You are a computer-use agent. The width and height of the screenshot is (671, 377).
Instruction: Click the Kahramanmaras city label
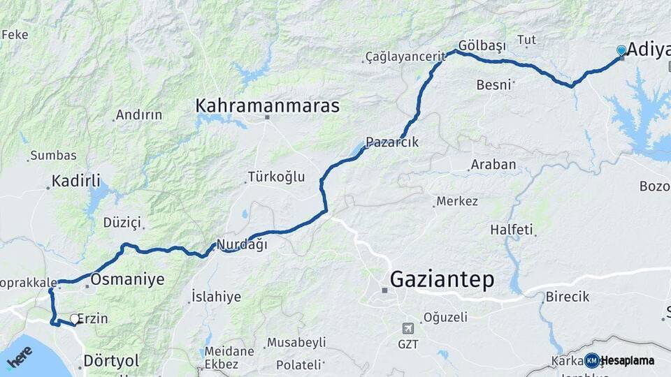[x=267, y=106]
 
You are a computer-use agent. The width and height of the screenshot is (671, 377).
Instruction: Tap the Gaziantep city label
[x=442, y=279]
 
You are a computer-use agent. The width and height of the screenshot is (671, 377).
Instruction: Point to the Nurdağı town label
[x=242, y=244]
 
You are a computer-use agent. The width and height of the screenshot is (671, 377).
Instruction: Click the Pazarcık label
[x=392, y=142]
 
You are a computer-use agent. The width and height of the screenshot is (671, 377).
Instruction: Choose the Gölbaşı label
[x=482, y=46]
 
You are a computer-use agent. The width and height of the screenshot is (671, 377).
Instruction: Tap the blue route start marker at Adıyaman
[x=621, y=50]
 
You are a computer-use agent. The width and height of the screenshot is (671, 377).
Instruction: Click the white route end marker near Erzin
[x=75, y=319]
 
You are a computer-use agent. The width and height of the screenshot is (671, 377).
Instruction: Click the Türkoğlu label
[x=277, y=177]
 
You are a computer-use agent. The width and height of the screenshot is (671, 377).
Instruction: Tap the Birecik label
[x=567, y=296]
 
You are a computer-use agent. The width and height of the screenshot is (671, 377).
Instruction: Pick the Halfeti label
[x=511, y=229]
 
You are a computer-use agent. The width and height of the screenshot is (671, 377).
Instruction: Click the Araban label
[x=493, y=165]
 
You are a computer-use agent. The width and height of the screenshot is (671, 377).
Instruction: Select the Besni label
[x=495, y=84]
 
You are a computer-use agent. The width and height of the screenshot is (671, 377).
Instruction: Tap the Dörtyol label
[x=111, y=361]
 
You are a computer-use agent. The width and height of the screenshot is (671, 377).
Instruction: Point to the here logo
[x=19, y=357]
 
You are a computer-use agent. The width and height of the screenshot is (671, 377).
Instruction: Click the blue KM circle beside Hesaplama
[x=591, y=360]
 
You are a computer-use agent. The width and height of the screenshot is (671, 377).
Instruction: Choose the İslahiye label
[x=216, y=297]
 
